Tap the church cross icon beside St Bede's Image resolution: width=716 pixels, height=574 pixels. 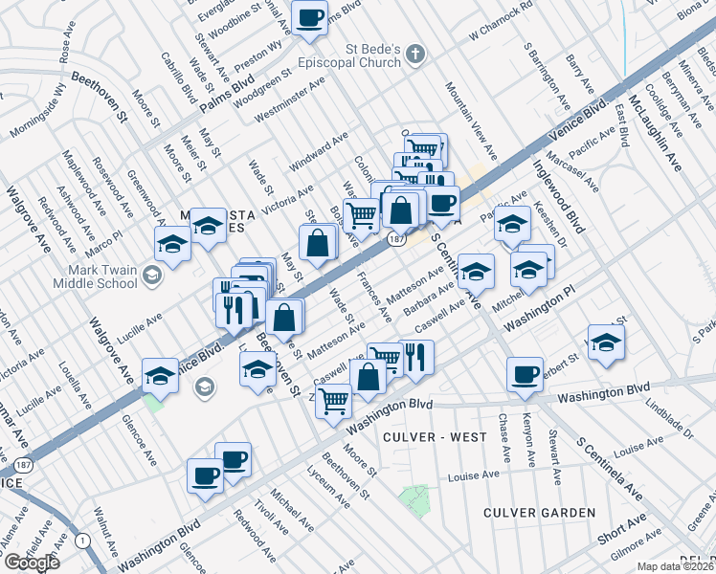click(415, 53)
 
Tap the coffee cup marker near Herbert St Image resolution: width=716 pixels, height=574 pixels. click(525, 375)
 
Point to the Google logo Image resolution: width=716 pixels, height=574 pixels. click(32, 563)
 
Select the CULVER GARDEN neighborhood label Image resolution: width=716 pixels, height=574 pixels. click(540, 513)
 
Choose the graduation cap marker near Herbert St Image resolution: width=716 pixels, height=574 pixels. click(605, 342)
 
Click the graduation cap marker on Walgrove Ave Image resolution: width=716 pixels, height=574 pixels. click(160, 376)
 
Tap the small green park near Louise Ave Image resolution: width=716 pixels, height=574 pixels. click(414, 497)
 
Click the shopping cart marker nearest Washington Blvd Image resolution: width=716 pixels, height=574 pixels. click(335, 401)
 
